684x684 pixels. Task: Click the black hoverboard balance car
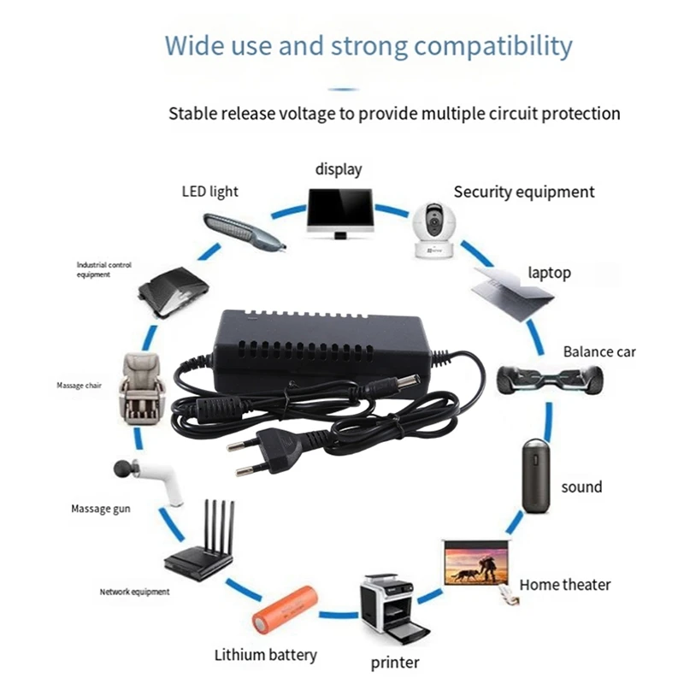(551, 376)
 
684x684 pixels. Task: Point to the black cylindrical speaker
(534, 477)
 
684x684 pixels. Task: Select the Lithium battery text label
(265, 656)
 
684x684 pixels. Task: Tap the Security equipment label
(523, 192)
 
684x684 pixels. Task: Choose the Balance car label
(599, 351)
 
